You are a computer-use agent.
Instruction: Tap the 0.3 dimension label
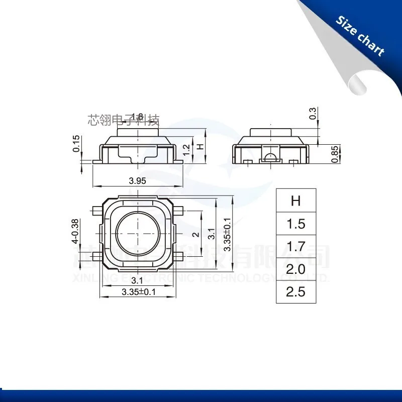313,113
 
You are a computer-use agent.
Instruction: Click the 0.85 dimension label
334,154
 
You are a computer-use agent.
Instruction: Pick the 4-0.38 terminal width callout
76,232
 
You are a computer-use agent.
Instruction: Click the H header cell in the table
295,200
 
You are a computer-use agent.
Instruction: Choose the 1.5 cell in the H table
295,224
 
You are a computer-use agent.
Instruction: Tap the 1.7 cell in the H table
295,246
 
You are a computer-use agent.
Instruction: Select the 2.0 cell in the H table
295,269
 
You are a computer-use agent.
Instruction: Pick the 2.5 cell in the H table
295,291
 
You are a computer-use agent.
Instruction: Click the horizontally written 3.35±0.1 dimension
138,292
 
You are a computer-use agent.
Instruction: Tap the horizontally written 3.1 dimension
137,279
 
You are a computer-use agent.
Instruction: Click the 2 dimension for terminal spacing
196,234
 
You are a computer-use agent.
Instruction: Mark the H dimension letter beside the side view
199,147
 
